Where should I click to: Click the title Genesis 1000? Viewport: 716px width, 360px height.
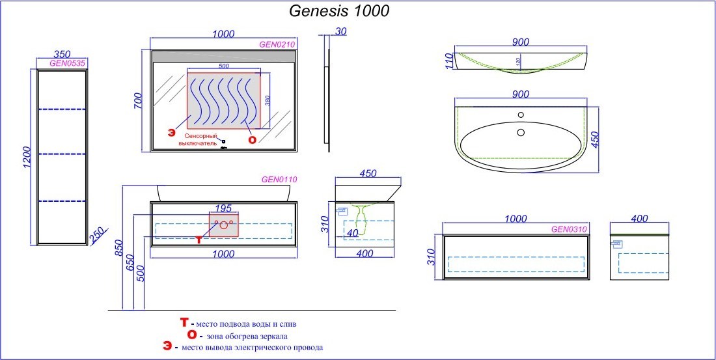tap(339, 11)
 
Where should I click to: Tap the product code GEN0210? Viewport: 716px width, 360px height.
tap(277, 45)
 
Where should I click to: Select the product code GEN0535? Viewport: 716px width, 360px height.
tap(68, 63)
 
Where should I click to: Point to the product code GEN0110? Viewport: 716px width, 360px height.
tap(279, 179)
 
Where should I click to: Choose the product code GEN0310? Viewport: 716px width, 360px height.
tap(570, 229)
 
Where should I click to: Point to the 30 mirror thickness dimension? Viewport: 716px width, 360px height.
tap(341, 31)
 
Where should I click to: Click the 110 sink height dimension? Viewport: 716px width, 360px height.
tap(447, 61)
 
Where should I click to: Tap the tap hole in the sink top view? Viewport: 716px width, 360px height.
tap(520, 116)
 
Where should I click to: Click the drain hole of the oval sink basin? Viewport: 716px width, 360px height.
tap(520, 132)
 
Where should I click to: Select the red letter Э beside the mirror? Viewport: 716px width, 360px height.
tap(171, 132)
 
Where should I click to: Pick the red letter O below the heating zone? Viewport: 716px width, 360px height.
tap(251, 139)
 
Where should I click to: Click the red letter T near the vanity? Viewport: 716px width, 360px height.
tap(199, 240)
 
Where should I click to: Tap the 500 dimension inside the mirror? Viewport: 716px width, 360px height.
tap(223, 66)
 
